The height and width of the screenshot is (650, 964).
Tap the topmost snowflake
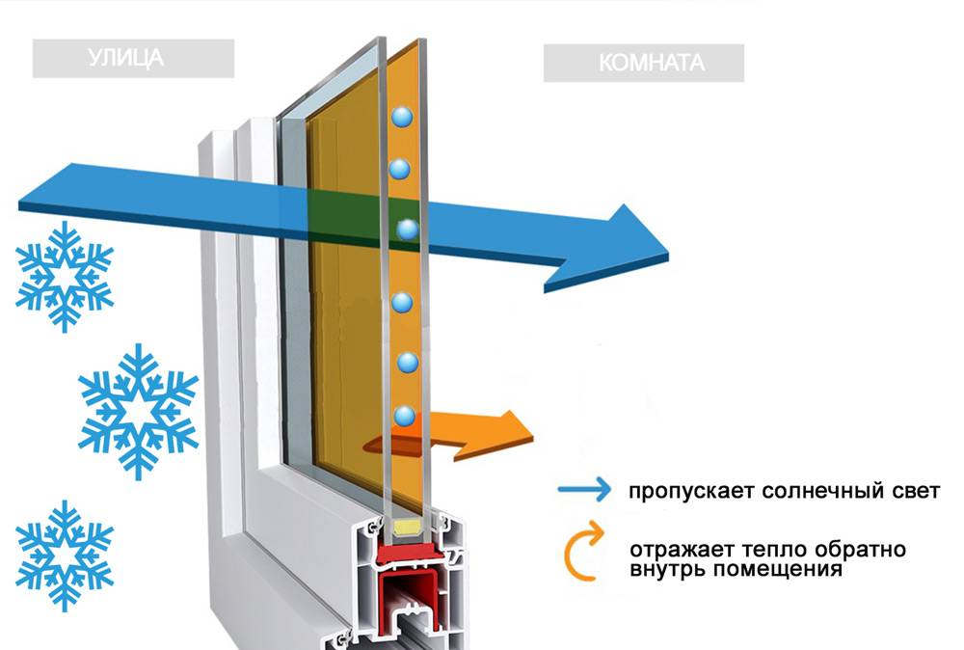[65, 276]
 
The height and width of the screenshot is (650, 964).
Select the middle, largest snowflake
[138, 410]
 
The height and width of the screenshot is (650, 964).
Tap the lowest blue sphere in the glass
[405, 417]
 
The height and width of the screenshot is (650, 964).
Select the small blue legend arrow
[584, 490]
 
